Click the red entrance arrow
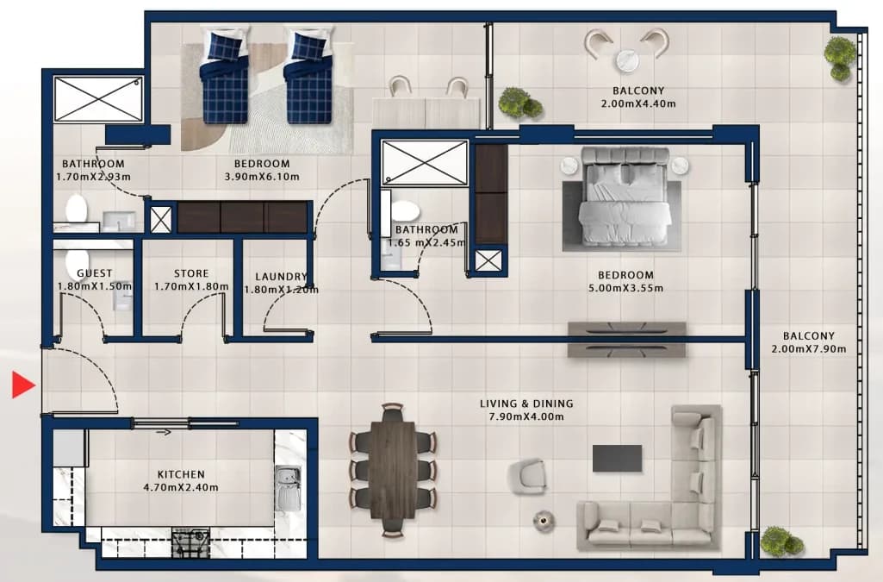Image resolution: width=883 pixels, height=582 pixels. [x=23, y=385]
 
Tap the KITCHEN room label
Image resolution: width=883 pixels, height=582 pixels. [x=181, y=474]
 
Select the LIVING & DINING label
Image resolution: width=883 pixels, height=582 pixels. [x=526, y=404]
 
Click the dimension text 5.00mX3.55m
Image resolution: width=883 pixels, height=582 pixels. [x=625, y=288]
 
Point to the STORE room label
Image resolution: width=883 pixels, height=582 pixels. [x=191, y=273]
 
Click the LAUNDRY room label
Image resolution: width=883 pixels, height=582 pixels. [x=281, y=277]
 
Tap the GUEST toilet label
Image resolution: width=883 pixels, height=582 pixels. [x=95, y=273]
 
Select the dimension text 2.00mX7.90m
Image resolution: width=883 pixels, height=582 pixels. [x=809, y=348]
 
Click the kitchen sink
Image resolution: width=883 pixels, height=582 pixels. [x=288, y=488]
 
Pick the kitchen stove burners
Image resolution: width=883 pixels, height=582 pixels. [x=190, y=543]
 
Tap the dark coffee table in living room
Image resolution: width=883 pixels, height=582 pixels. [x=617, y=458]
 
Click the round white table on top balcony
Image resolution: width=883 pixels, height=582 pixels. [x=627, y=60]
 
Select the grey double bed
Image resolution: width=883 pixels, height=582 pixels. [x=625, y=197]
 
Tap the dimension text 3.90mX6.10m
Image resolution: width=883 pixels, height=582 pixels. [x=262, y=177]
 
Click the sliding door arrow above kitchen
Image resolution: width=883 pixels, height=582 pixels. [x=164, y=433]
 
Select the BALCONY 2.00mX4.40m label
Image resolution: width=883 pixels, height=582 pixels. [x=638, y=97]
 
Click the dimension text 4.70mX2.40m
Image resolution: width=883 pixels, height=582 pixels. [x=181, y=487]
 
